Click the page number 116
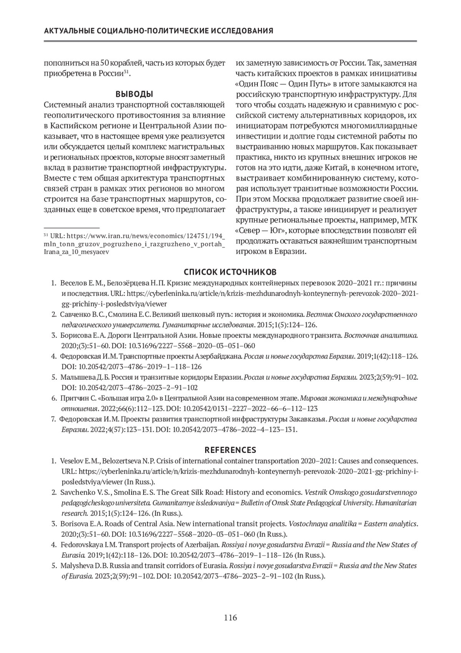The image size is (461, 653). point(230,618)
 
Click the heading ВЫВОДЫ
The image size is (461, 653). point(134,94)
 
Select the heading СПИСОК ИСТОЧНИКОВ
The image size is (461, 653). point(230,272)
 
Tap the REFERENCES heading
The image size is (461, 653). point(230,450)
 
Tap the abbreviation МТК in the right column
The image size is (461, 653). point(408,220)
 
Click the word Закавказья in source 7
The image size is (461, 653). point(310,419)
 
